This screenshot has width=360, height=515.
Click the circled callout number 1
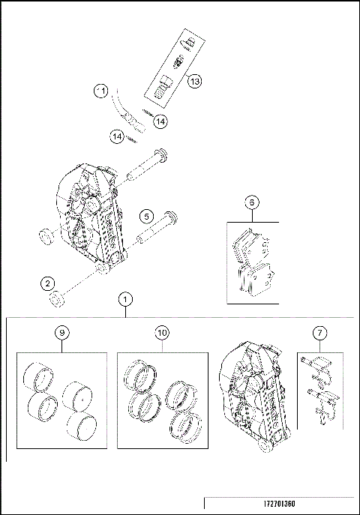[x=125, y=299]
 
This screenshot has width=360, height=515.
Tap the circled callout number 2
[x=47, y=283]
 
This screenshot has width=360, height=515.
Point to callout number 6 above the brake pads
[x=252, y=202]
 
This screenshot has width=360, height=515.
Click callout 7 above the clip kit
[x=320, y=332]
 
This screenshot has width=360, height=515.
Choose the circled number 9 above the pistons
[x=61, y=332]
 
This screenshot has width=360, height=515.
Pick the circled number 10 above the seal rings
[x=162, y=332]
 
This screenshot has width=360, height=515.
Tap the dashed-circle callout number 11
[x=100, y=91]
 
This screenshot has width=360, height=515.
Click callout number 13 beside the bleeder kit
[x=194, y=81]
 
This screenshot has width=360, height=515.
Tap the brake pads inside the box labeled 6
[x=252, y=266]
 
